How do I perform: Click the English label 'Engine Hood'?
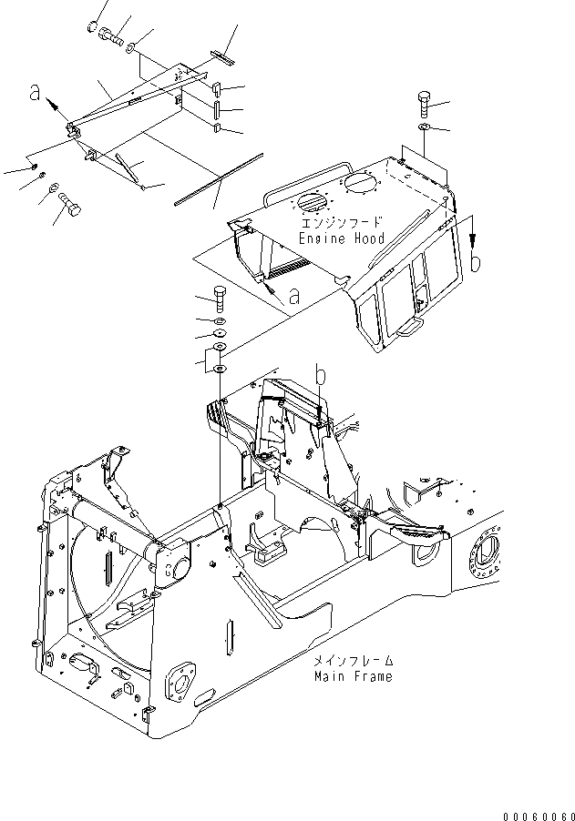pos(342,238)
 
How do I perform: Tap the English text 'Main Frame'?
pos(354,676)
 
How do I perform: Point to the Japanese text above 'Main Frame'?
pos(354,662)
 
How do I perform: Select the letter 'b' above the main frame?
pos(320,374)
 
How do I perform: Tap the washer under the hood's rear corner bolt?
pos(424,128)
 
